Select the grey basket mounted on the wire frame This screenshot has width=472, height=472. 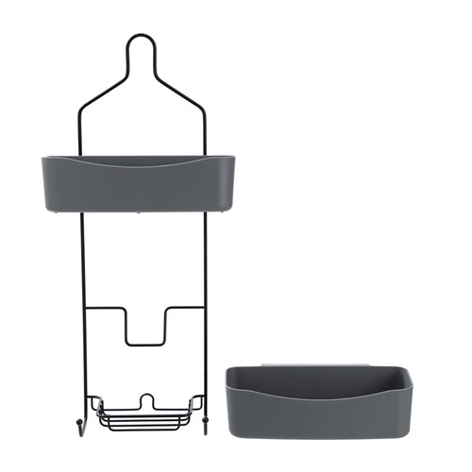(x=142, y=189)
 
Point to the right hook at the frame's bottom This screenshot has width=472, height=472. (x=205, y=424)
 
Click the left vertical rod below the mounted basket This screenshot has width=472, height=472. (x=82, y=283)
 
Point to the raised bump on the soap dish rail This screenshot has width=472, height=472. (x=146, y=398)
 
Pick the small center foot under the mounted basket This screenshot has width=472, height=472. (x=142, y=213)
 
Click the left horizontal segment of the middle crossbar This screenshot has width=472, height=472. (x=104, y=308)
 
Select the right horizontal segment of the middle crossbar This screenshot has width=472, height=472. (x=186, y=308)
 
